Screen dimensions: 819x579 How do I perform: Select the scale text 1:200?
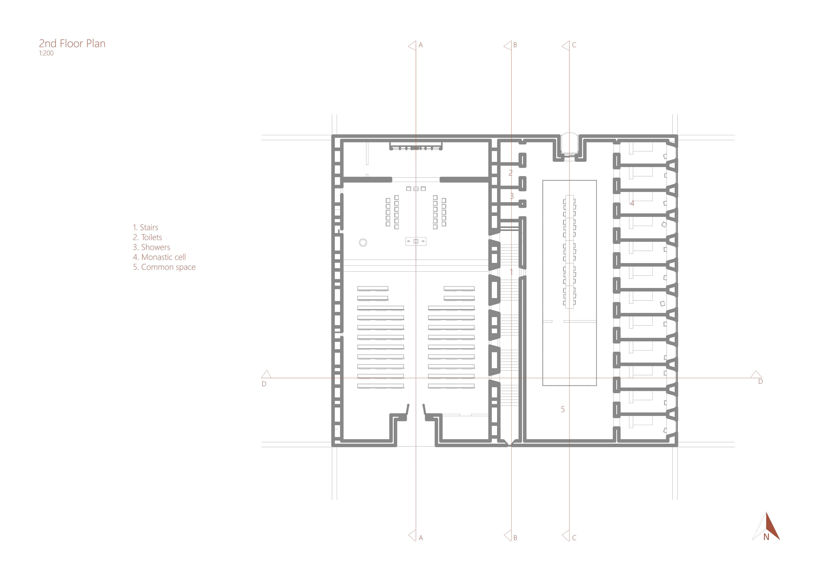coord(46,53)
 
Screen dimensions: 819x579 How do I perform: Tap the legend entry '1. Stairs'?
coord(145,227)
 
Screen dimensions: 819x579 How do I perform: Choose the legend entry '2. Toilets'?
coord(147,237)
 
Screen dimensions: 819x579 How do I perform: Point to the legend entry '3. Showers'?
coord(152,247)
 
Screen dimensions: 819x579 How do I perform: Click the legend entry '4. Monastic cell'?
coord(160,257)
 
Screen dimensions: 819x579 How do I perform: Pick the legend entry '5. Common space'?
coord(164,267)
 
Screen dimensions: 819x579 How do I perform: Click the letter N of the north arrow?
coord(766,547)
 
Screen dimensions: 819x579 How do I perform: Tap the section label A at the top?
coord(421,45)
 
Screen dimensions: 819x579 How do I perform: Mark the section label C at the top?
coord(574,45)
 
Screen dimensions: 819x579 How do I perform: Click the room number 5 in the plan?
coord(563,409)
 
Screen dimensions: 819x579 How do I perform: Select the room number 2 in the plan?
coord(510,173)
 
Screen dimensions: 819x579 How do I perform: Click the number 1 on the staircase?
coord(511,272)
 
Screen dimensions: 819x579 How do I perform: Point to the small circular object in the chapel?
coord(363,243)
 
